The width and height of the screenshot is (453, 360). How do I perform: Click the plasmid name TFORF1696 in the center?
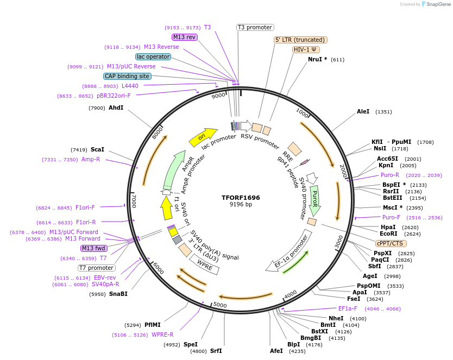coord(241,197)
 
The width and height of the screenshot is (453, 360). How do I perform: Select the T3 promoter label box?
coord(255,27)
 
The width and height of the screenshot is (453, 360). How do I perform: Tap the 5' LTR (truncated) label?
coord(300,40)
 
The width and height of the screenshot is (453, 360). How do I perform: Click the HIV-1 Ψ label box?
coord(305,49)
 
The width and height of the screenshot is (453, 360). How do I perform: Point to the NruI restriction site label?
coord(318,59)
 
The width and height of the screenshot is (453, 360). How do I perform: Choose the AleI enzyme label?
coord(363,112)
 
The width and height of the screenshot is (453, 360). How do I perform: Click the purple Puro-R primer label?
coord(390,175)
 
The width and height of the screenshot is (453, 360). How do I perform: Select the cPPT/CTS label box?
coord(390,243)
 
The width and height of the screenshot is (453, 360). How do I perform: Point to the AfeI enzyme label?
coord(276,351)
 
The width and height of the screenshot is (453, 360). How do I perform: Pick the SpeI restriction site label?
coord(190,344)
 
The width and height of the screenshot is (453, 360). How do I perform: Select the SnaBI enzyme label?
coord(118,294)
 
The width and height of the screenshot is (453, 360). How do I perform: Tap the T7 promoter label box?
coord(96,268)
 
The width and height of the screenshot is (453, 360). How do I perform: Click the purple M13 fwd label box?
coord(93,248)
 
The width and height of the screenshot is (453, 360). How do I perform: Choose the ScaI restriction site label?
coord(98,149)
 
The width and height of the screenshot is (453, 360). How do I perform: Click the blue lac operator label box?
coord(153,56)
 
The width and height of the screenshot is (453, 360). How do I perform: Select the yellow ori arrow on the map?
coord(203,138)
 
